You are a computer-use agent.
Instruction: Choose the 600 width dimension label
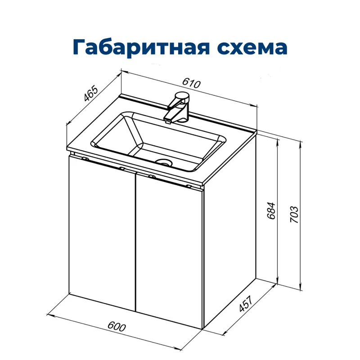[x=116, y=328]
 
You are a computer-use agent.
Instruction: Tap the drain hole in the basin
[x=164, y=162]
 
